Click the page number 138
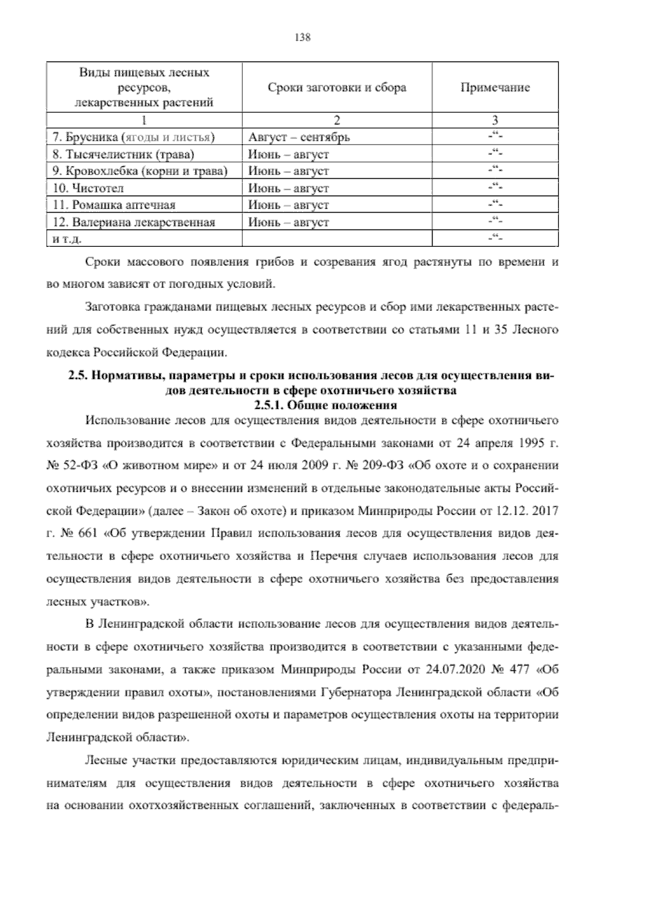click(302, 38)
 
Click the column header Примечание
click(494, 88)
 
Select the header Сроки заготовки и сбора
click(337, 88)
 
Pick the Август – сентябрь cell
click(299, 137)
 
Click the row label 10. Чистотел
click(89, 188)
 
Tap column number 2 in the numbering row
click(337, 120)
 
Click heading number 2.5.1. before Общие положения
click(269, 405)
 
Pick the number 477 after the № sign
click(519, 669)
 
